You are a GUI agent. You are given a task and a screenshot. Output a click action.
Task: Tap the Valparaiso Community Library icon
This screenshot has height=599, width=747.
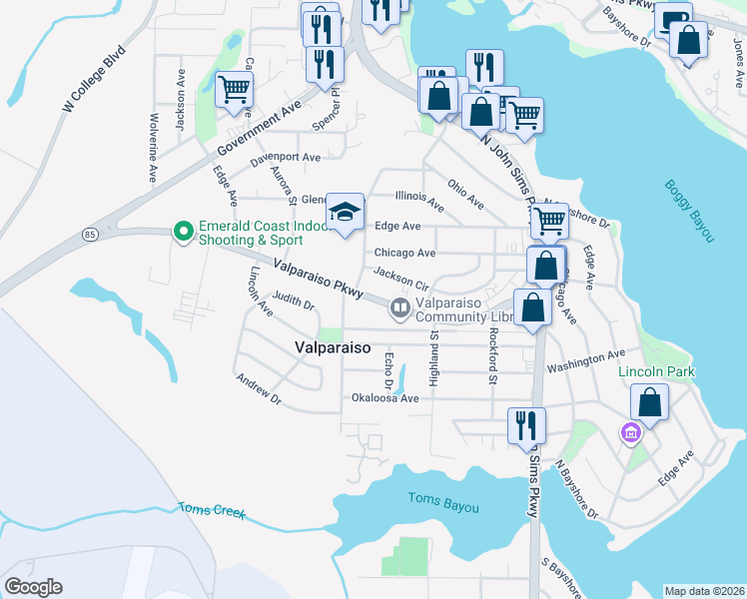click(x=400, y=308)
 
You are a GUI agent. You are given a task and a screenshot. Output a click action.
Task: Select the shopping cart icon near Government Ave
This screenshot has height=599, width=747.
click(x=234, y=89)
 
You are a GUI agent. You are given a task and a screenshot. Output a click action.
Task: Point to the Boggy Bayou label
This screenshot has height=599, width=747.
click(x=690, y=211)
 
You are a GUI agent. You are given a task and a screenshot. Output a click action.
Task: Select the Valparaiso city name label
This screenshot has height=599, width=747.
click(x=333, y=347)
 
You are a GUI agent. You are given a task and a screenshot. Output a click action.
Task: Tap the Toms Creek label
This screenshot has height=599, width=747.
click(x=212, y=510)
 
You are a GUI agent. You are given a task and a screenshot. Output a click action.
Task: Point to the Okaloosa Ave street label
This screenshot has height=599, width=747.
click(x=384, y=397)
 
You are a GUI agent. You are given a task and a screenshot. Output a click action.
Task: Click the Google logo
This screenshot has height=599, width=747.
click(x=33, y=587)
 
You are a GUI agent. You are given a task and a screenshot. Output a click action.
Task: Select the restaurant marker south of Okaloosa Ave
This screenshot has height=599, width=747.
click(x=526, y=425)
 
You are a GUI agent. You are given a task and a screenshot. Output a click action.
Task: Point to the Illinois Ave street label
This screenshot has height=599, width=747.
click(x=420, y=200)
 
